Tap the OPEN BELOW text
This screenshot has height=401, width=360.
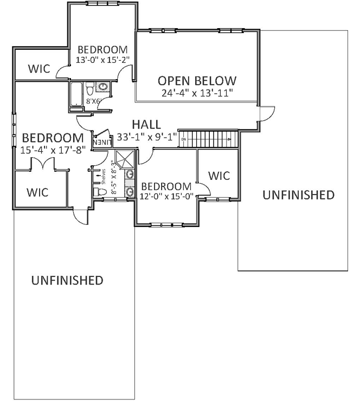click(197, 81)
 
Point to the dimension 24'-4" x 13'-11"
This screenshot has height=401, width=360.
click(197, 93)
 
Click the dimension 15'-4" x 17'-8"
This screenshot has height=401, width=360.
click(53, 150)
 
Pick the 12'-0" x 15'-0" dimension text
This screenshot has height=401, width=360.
click(166, 196)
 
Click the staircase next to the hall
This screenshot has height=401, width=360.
click(209, 138)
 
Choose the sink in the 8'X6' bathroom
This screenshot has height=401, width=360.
click(101, 87)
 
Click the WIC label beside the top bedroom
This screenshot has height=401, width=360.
click(39, 69)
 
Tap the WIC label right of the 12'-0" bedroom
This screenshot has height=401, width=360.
click(219, 176)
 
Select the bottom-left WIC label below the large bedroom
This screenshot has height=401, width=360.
click(37, 192)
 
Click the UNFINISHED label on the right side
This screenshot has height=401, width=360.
click(298, 195)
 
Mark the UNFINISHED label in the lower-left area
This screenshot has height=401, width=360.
click(67, 280)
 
